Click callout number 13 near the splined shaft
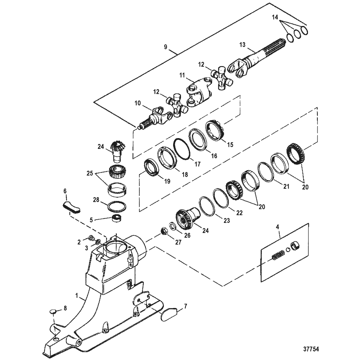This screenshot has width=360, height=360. [242, 45]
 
